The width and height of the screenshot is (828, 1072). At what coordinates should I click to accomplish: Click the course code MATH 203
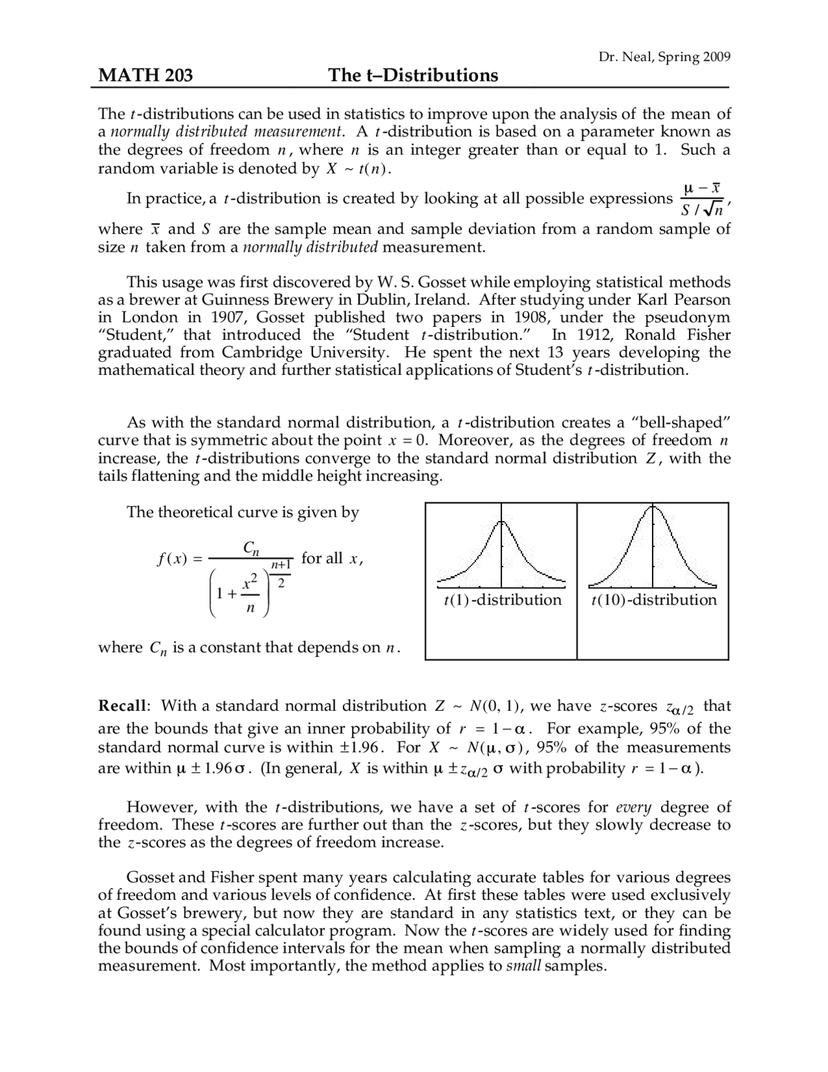[x=145, y=76]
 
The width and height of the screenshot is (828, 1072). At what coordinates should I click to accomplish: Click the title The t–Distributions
[x=413, y=76]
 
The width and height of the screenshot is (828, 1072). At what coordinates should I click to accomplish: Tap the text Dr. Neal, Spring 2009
[x=664, y=57]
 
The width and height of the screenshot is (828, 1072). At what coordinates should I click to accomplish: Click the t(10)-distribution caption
[x=654, y=600]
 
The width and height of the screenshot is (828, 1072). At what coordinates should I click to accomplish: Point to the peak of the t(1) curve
[x=501, y=522]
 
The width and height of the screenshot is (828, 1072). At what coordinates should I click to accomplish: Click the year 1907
[x=224, y=318]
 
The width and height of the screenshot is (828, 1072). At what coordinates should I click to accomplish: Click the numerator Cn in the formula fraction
[x=252, y=548]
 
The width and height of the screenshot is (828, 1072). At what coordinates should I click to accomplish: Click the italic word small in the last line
[x=523, y=966]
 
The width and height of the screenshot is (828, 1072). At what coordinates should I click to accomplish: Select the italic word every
[x=633, y=807]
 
